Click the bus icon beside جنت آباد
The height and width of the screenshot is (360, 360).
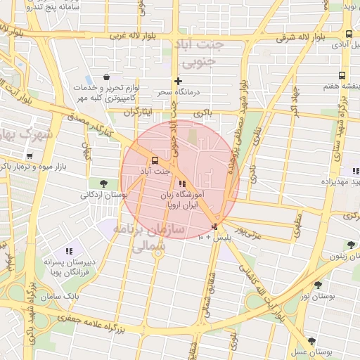[155, 159]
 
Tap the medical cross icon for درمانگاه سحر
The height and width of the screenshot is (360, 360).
[179, 81]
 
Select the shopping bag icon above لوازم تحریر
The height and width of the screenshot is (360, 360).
[105, 77]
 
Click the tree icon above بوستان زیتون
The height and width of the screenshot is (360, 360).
[350, 245]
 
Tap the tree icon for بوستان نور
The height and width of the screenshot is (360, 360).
[319, 285]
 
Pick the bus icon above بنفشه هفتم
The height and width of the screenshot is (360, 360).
[342, 75]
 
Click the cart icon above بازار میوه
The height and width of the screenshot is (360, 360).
[29, 156]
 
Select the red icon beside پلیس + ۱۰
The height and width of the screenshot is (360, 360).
[214, 226]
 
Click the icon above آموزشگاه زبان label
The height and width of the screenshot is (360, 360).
[183, 184]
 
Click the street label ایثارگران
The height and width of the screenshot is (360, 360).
[138, 112]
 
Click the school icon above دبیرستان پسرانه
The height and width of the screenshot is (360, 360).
[69, 251]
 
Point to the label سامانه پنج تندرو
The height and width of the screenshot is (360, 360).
[55, 8]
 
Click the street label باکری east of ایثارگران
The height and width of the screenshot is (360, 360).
[204, 112]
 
